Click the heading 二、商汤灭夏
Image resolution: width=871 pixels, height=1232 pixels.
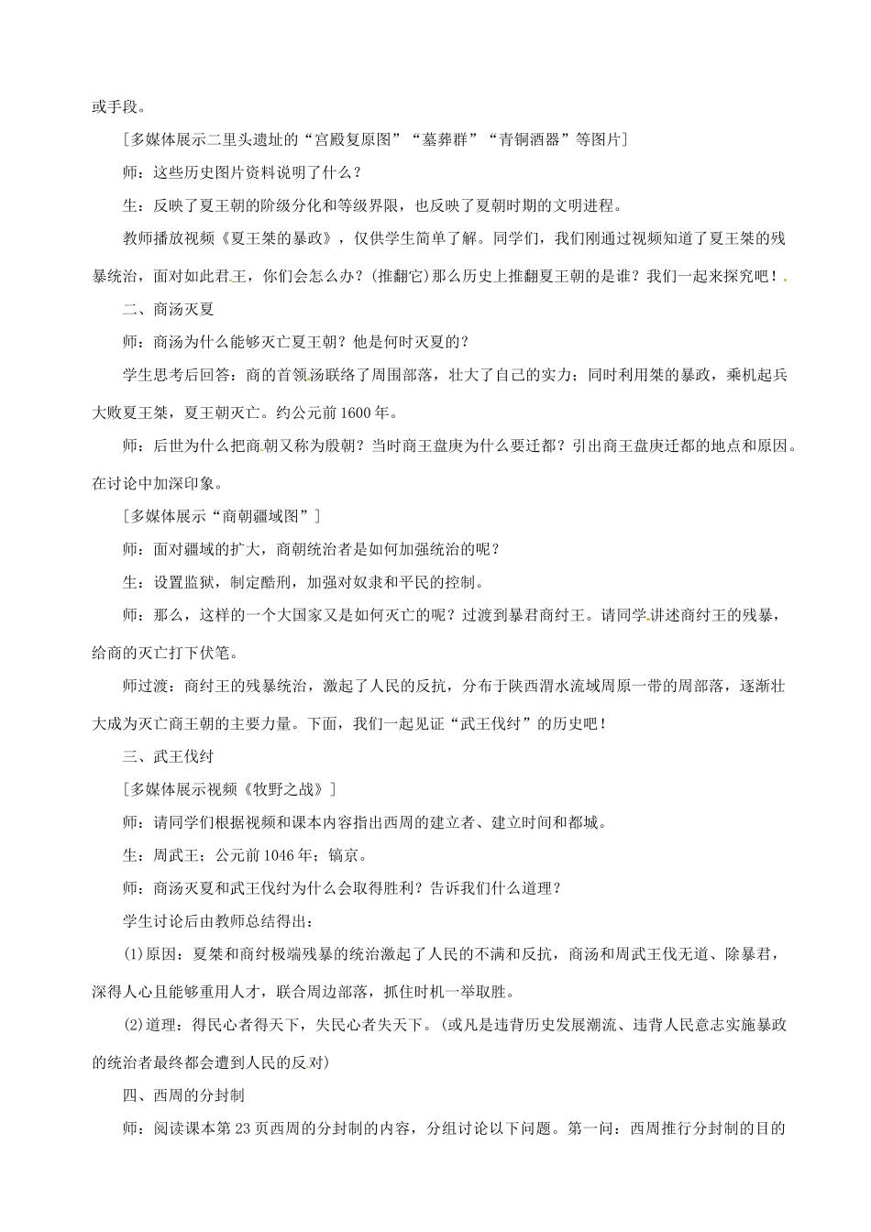click(x=168, y=309)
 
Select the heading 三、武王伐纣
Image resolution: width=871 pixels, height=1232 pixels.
click(x=168, y=756)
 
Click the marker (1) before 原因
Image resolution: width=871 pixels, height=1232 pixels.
click(x=137, y=956)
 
